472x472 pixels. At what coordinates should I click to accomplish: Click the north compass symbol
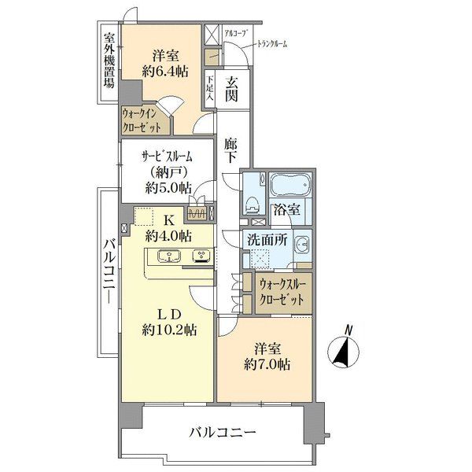coord(344,348)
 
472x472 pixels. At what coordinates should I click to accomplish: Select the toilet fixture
coord(253,205)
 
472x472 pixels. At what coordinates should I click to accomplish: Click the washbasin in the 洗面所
coord(302,244)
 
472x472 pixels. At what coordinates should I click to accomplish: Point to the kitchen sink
coord(169,256)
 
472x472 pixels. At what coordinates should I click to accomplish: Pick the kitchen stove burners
coord(201,256)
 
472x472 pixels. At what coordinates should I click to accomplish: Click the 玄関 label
coord(232,89)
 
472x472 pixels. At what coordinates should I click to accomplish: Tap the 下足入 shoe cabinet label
coord(210,88)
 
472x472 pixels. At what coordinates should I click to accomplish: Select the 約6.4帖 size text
coord(165,72)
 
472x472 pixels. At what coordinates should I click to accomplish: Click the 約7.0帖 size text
coord(267,365)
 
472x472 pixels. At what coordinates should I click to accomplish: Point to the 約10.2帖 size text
coord(169,330)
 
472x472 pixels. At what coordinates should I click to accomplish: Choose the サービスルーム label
coord(167,157)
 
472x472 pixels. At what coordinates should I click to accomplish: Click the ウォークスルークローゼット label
coord(282,292)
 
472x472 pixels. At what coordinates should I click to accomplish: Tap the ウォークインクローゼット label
coord(141,120)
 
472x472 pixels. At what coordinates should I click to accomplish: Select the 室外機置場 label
coord(109,61)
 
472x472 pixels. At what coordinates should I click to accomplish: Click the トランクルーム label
coord(271,44)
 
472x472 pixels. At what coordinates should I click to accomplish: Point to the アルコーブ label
coord(237,33)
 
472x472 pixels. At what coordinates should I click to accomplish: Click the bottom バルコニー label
coord(223,433)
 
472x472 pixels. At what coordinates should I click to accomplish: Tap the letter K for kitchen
coord(169,221)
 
